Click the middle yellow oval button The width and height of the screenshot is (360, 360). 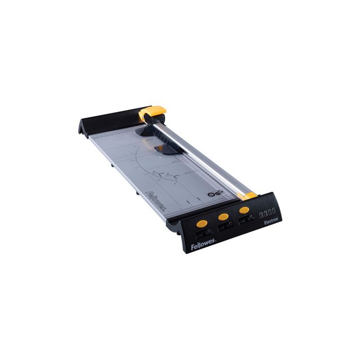tap(223, 217)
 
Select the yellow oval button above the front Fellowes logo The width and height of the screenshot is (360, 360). tap(203, 224)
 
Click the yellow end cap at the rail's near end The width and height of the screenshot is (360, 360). tap(249, 195)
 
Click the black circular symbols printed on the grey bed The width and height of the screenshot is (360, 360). tap(213, 194)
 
